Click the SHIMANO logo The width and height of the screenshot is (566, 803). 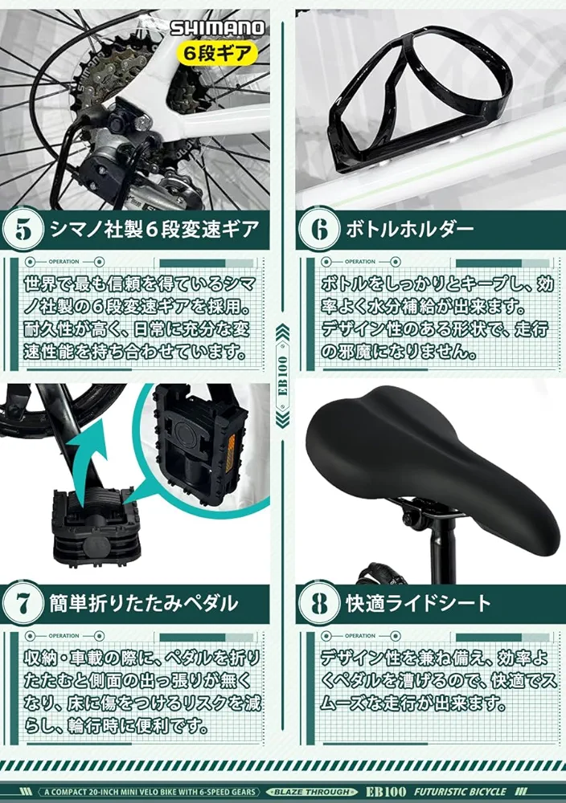tap(217, 28)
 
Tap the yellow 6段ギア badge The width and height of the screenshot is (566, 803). tap(218, 55)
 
